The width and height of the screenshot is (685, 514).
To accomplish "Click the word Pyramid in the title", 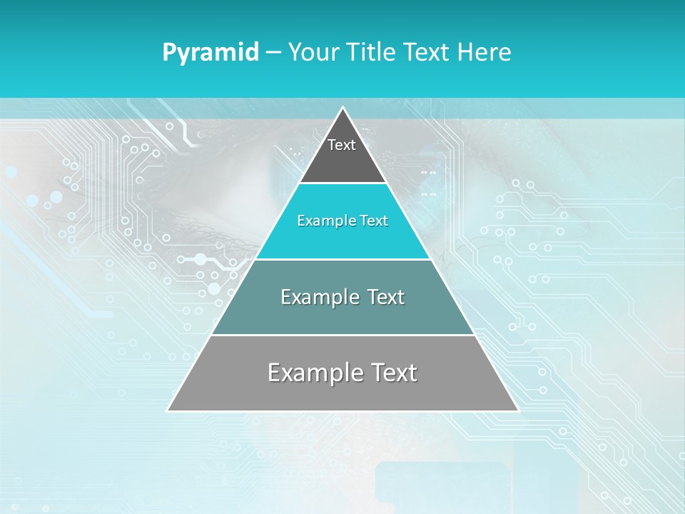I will coord(210,53).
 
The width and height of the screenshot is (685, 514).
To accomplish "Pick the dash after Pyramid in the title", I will coord(273,53).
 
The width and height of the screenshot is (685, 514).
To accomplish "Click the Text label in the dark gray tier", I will coord(342,145).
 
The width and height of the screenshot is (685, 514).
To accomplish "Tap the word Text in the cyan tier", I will coord(375,221).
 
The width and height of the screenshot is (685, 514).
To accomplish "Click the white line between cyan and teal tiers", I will coord(343,259).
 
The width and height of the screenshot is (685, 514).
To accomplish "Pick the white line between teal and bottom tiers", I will coord(343,335).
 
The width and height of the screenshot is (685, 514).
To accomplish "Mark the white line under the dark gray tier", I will coord(343,183).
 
